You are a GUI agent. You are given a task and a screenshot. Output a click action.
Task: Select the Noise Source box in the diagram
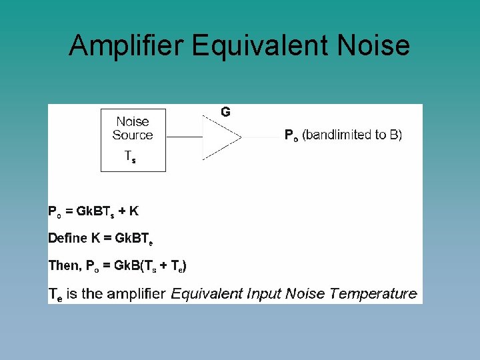click(x=133, y=140)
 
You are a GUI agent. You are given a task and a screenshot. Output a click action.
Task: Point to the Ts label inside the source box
click(x=131, y=157)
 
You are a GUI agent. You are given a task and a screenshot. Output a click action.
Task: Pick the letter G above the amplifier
click(x=226, y=112)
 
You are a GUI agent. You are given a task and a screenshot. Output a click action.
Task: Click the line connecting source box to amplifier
click(x=184, y=137)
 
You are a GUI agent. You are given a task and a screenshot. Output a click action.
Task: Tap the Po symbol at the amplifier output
click(x=291, y=135)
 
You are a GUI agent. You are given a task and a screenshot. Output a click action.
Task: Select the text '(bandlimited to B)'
click(x=352, y=135)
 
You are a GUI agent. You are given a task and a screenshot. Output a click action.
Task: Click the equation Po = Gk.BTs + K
click(x=94, y=211)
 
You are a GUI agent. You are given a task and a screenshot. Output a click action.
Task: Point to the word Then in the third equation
click(x=63, y=265)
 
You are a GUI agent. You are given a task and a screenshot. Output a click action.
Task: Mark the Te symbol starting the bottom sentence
click(x=55, y=294)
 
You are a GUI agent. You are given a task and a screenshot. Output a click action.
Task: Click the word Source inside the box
click(x=133, y=135)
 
